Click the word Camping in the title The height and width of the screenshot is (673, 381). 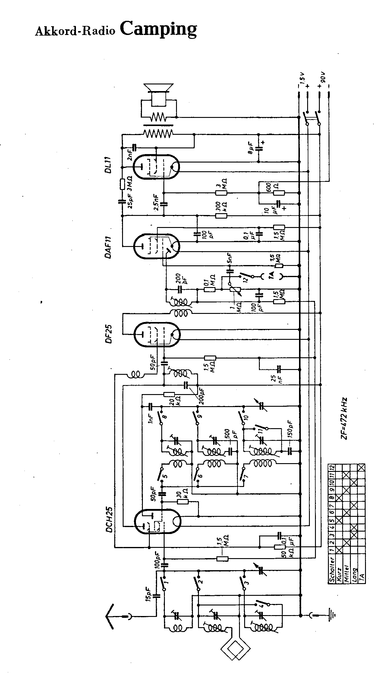point(159,29)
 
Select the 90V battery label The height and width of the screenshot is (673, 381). point(323,77)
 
